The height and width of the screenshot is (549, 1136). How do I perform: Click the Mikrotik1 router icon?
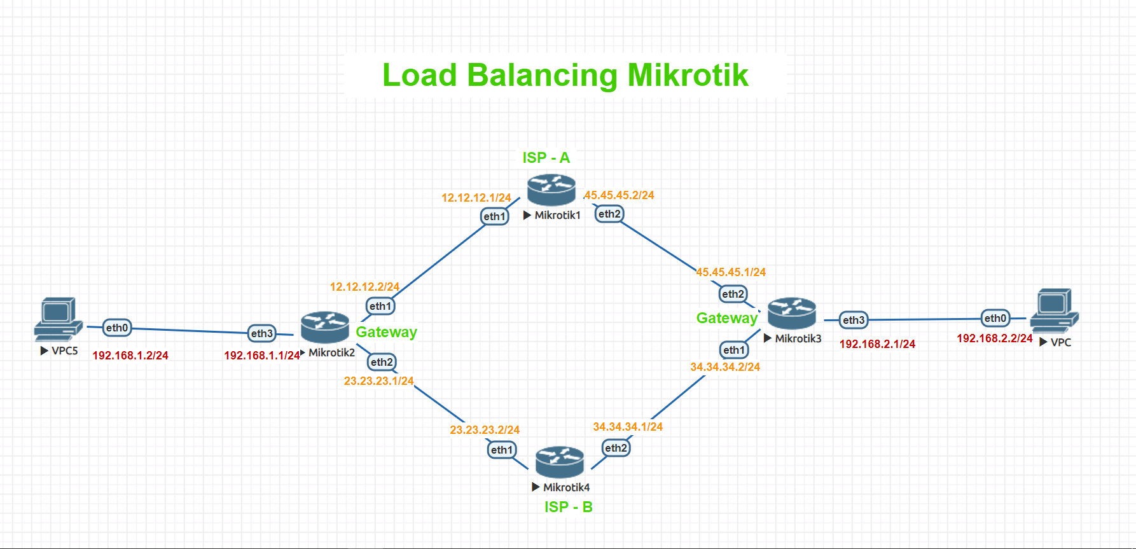tap(551, 190)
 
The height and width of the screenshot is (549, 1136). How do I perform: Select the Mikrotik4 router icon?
tap(559, 462)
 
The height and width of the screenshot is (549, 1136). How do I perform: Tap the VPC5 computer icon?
tap(58, 318)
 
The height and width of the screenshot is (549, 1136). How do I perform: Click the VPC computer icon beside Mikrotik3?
tap(1054, 310)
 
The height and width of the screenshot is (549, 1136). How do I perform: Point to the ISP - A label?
tap(546, 158)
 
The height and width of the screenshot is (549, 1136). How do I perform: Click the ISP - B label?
tap(568, 507)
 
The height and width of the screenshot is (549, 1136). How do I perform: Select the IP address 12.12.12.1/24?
tap(476, 198)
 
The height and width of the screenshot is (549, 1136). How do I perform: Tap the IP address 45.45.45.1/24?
tap(731, 272)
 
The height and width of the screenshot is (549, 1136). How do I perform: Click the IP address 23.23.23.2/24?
tap(484, 430)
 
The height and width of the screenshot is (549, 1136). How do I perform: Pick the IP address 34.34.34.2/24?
tap(725, 367)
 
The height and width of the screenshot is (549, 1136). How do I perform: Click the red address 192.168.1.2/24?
tap(130, 356)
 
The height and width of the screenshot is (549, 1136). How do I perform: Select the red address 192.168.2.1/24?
tap(877, 344)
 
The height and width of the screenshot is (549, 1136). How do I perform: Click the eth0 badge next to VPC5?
tap(117, 328)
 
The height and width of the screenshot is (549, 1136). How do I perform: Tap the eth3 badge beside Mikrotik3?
tap(854, 320)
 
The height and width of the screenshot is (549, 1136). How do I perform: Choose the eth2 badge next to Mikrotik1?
tap(609, 214)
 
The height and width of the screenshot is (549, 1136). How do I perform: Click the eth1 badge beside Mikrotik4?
tap(501, 450)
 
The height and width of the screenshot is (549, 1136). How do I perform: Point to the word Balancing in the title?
tap(542, 75)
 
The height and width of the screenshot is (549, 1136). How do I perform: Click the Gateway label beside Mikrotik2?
tap(386, 332)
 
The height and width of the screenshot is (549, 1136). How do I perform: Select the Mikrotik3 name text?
tap(798, 338)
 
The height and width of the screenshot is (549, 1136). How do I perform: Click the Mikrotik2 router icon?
tap(325, 326)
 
